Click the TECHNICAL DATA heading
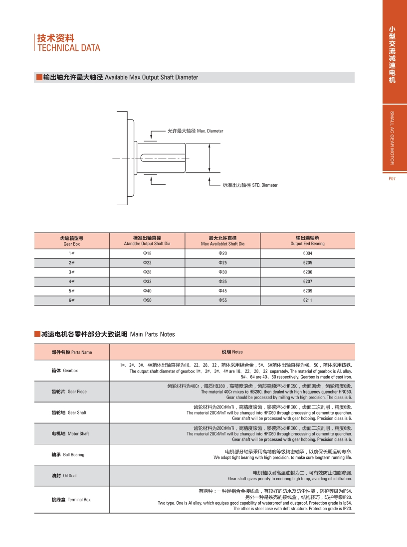point(69,48)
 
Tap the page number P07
point(392,179)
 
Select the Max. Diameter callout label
point(195,131)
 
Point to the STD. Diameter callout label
point(250,185)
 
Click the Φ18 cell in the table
point(147,254)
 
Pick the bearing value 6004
point(307,254)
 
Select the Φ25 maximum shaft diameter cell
point(222,263)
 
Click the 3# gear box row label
point(72,272)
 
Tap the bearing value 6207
point(307,281)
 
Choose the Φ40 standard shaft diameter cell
point(147,291)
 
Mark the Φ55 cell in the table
point(222,300)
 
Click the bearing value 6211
point(307,300)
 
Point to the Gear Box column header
point(72,241)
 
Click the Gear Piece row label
point(69,392)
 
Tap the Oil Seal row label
point(64,476)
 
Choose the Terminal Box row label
point(71,500)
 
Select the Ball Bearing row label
point(68,455)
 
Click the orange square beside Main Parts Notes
point(37,334)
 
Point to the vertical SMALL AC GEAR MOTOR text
point(392,138)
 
